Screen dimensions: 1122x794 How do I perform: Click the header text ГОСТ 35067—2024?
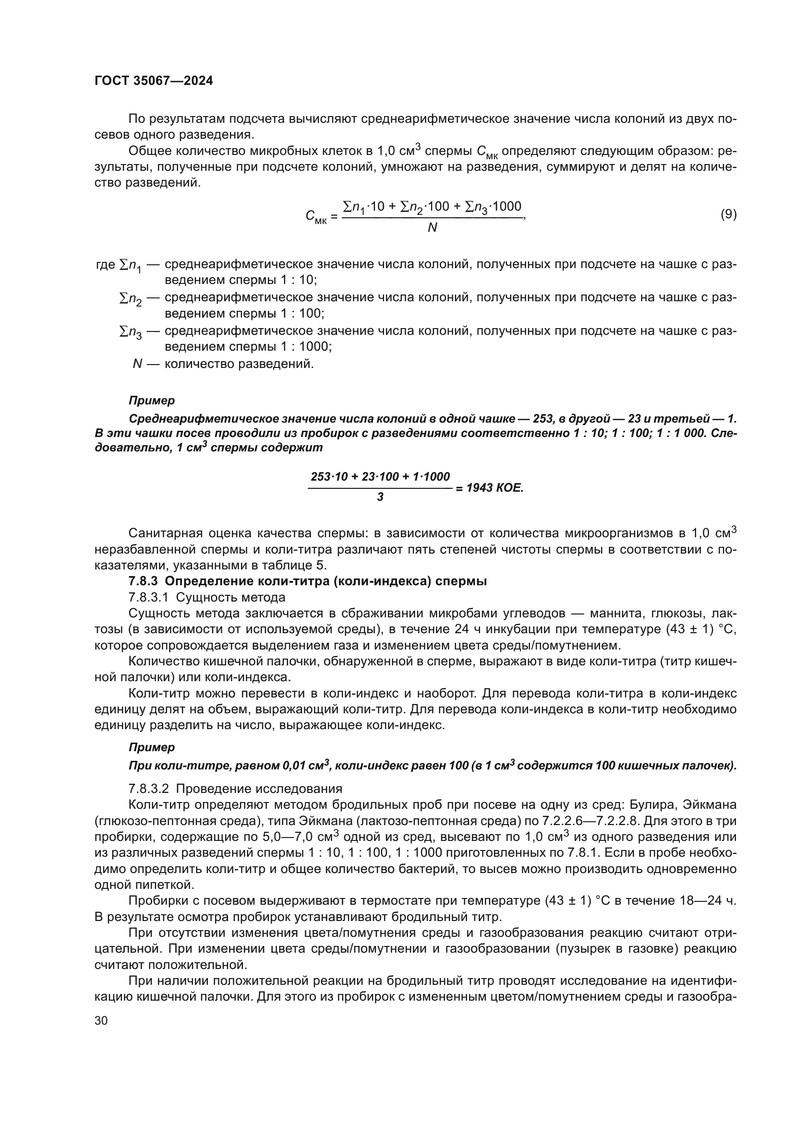[154, 81]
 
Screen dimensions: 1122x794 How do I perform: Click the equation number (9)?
[729, 214]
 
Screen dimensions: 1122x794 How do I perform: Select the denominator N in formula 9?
[432, 228]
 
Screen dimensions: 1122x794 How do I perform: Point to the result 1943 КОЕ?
[494, 488]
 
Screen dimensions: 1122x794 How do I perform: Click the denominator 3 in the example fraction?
[380, 497]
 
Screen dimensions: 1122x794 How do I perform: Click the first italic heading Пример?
[152, 401]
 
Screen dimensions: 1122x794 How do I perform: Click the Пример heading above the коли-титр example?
[152, 747]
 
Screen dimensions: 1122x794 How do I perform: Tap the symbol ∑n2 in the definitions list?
[130, 298]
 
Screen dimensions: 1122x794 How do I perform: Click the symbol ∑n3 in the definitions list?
[130, 332]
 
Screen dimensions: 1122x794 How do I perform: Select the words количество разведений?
[239, 364]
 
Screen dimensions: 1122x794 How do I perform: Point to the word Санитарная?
[164, 533]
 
